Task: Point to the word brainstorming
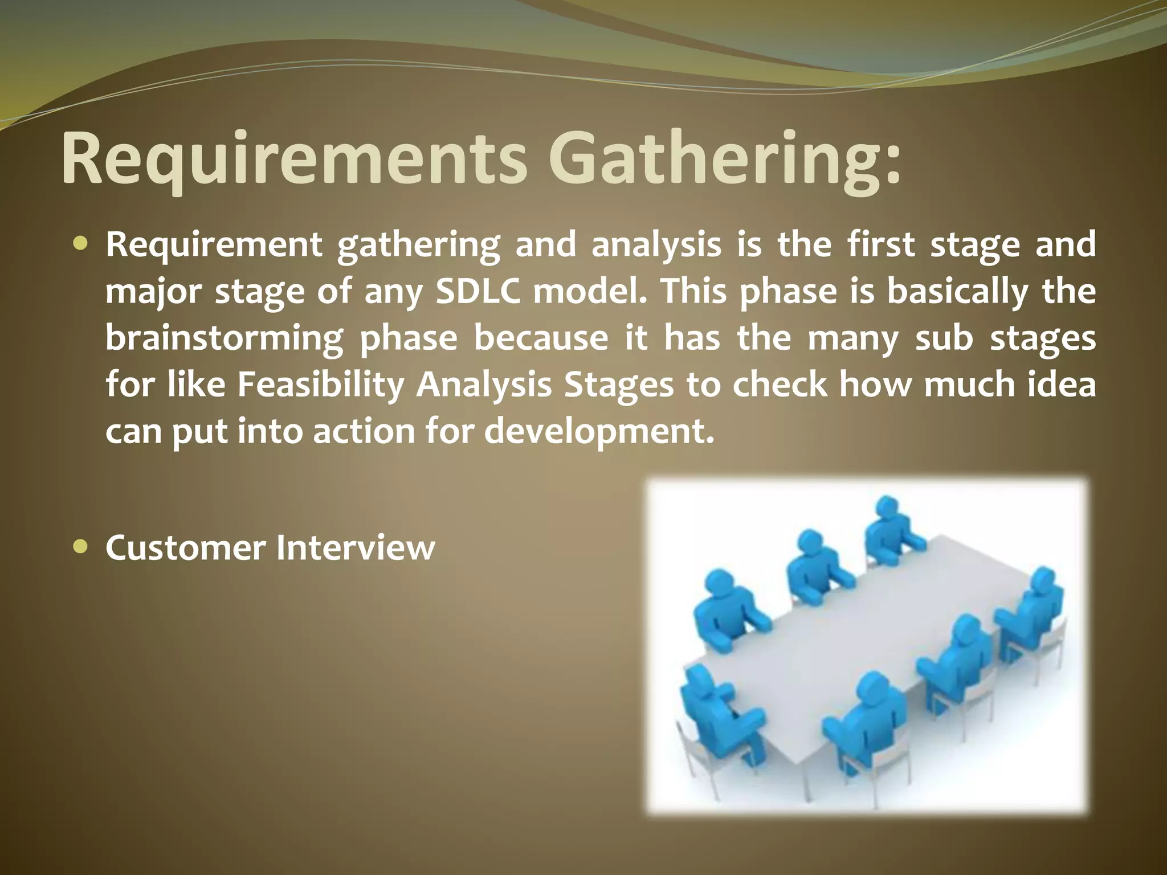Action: pyautogui.click(x=224, y=338)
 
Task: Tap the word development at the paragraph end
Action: pyautogui.click(x=598, y=432)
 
